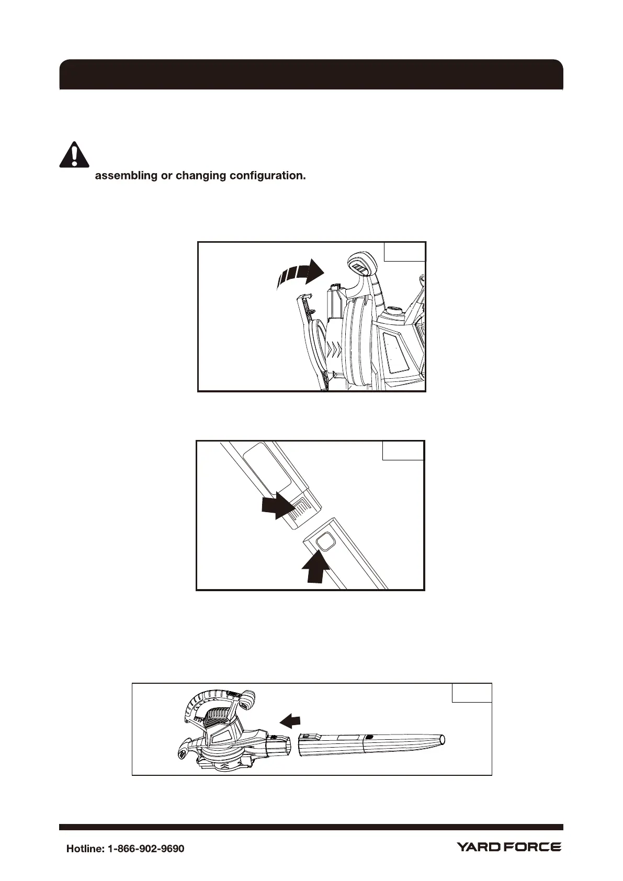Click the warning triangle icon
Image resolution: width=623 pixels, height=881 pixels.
[x=74, y=154]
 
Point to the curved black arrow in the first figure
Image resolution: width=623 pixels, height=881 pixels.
[x=299, y=274]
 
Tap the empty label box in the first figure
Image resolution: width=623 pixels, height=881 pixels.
[x=405, y=252]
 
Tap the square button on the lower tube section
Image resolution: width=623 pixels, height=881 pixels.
[x=326, y=542]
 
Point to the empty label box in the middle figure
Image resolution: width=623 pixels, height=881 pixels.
[x=403, y=450]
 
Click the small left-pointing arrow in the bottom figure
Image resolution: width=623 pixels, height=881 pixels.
[x=290, y=722]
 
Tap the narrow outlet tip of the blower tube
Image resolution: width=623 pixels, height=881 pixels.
[x=444, y=740]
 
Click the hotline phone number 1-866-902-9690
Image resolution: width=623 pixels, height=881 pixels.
[x=145, y=849]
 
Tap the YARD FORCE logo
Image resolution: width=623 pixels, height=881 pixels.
[x=509, y=847]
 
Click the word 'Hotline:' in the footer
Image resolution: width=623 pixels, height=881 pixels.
[x=85, y=849]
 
